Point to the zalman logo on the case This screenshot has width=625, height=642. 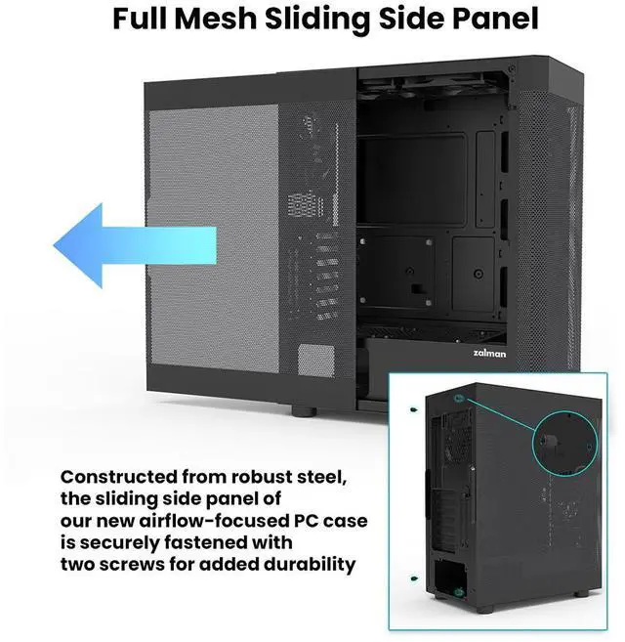click(x=488, y=355)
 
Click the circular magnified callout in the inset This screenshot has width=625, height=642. click(x=562, y=448)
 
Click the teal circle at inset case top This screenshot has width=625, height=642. click(x=459, y=400)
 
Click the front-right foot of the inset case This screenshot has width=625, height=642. click(x=582, y=594)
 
